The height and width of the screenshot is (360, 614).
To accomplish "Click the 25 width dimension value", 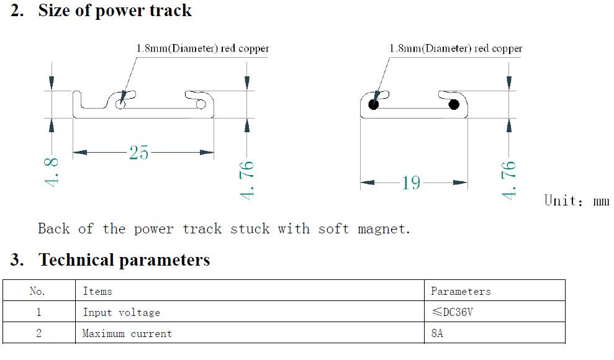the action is (x=139, y=152).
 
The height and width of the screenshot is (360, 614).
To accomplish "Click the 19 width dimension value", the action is (x=411, y=182).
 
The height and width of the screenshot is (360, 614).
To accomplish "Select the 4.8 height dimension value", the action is (x=52, y=172).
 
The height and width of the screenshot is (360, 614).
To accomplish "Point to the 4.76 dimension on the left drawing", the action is (x=246, y=180).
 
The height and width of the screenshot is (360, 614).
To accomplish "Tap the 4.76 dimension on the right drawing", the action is (x=508, y=180).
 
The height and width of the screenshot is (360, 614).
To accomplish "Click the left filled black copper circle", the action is (x=374, y=104).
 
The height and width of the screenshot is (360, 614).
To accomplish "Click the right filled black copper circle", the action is (x=454, y=104).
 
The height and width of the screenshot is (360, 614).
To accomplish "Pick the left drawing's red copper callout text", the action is (x=203, y=48).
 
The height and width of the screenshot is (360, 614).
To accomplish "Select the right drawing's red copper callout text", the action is (x=456, y=48).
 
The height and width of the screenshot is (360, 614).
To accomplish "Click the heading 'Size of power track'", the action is (x=115, y=11).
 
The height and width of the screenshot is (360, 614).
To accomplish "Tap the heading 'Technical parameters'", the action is (x=125, y=260).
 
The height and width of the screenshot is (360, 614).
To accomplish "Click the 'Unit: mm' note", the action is (x=577, y=200).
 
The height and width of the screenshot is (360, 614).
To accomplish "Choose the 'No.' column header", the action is (x=38, y=291).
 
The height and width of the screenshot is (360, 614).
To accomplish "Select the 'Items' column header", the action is (x=97, y=291).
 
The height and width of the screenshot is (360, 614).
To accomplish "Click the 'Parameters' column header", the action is (x=461, y=291).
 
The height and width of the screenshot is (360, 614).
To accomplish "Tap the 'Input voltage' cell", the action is (x=122, y=312).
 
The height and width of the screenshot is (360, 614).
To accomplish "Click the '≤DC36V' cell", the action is (x=453, y=312).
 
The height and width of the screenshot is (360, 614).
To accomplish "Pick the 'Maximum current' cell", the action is (x=127, y=333).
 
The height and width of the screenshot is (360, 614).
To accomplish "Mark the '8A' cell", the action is (x=437, y=333).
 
